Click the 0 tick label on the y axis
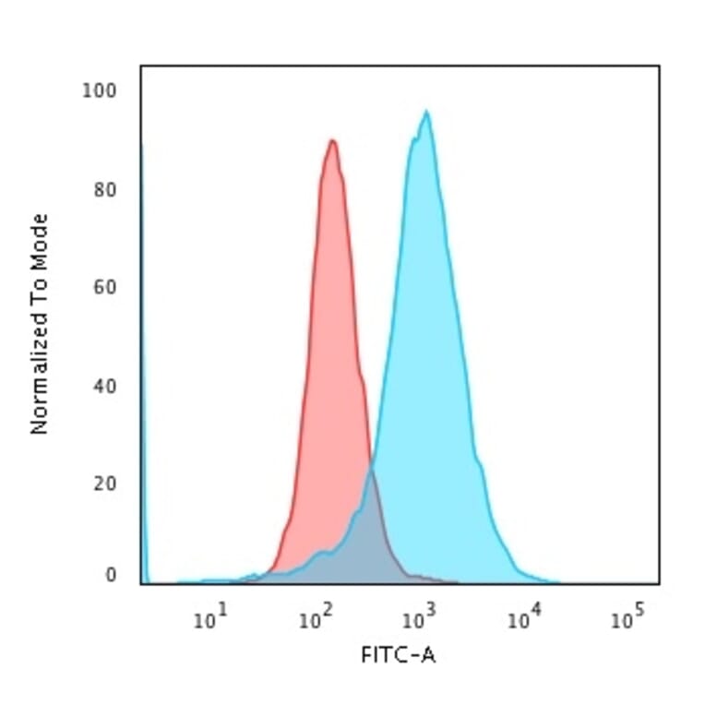tap(111, 575)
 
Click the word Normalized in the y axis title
tap(40, 369)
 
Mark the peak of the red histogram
tap(331, 141)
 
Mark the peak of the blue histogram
tap(425, 113)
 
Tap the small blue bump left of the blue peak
tap(321, 554)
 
